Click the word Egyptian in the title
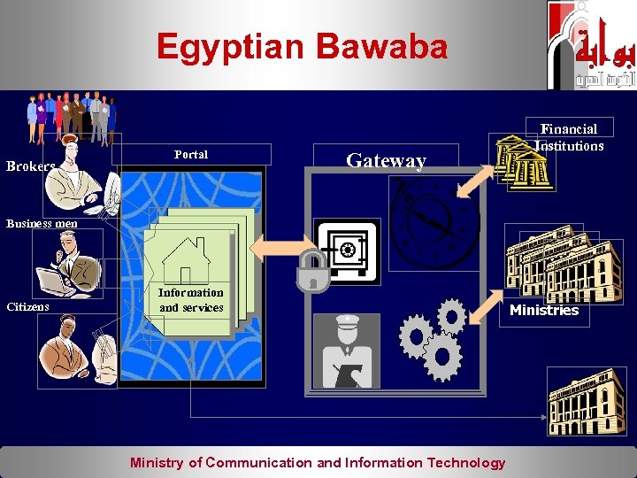(x=231, y=47)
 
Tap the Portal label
(x=191, y=154)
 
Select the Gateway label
(x=386, y=160)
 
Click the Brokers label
(x=31, y=166)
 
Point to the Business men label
(x=42, y=223)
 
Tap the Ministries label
(x=544, y=311)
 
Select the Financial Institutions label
(x=569, y=137)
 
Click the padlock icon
(x=313, y=271)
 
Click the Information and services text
(x=191, y=300)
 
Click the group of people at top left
(x=72, y=115)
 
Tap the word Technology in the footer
(x=465, y=462)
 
